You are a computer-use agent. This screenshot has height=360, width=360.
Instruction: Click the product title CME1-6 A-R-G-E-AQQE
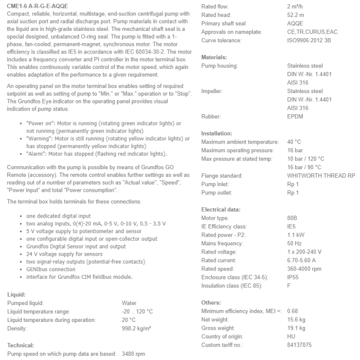click(37, 6)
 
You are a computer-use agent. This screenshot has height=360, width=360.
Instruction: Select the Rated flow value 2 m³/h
click(297, 7)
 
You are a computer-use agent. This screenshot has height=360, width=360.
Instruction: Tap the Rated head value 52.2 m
click(296, 15)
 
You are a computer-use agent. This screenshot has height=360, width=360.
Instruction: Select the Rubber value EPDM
click(296, 116)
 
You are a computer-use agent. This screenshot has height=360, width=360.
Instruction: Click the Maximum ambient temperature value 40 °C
click(294, 141)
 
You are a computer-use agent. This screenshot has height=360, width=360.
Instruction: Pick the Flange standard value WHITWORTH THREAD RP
click(321, 175)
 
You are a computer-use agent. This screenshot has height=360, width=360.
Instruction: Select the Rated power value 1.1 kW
click(296, 235)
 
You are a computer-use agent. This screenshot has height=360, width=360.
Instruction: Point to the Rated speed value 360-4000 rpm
click(304, 268)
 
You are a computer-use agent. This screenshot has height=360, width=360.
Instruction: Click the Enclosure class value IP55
click(293, 277)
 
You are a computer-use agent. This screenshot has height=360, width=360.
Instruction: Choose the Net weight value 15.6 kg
click(296, 319)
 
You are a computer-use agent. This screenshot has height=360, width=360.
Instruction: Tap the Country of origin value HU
click(291, 336)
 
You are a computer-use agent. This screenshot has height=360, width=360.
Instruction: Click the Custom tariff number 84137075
click(299, 345)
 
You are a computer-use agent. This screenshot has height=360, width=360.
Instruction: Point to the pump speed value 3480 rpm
click(133, 354)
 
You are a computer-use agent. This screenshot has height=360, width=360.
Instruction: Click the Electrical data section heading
click(221, 209)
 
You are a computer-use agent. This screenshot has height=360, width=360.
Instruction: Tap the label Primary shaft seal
click(224, 24)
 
